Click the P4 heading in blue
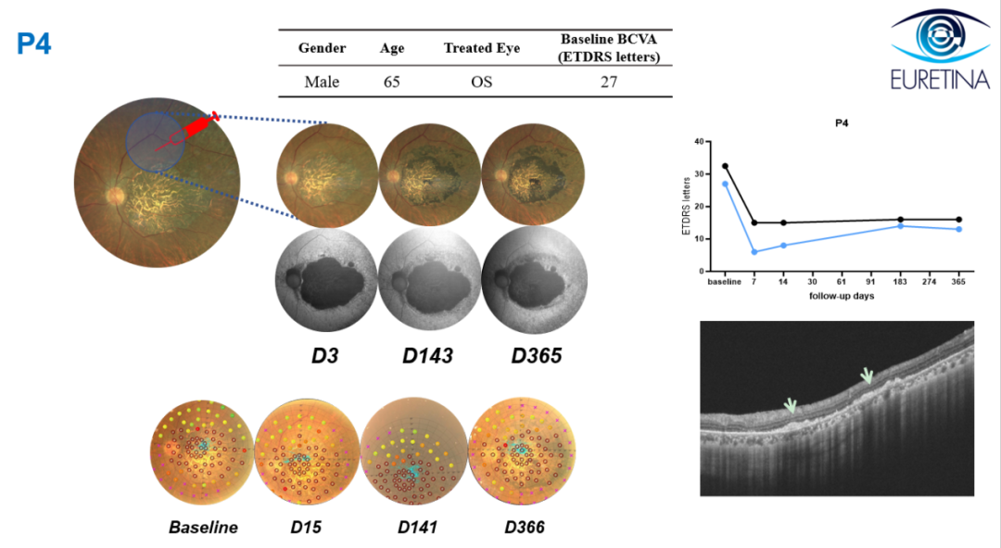click(x=34, y=45)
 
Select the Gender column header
click(x=322, y=48)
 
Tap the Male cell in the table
click(x=322, y=82)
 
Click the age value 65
click(x=391, y=82)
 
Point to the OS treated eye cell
click(x=481, y=82)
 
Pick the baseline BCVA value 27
click(x=608, y=82)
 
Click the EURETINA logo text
click(x=941, y=80)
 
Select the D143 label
click(x=427, y=356)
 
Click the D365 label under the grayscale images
click(x=537, y=356)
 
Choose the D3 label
click(x=324, y=356)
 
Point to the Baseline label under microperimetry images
click(x=203, y=527)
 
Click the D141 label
click(x=417, y=527)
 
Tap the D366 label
click(x=525, y=527)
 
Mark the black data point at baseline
click(x=725, y=166)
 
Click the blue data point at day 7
click(x=754, y=252)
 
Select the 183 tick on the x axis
click(x=900, y=282)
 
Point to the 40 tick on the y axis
click(x=699, y=142)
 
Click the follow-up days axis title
click(x=842, y=297)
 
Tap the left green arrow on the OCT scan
click(x=791, y=405)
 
